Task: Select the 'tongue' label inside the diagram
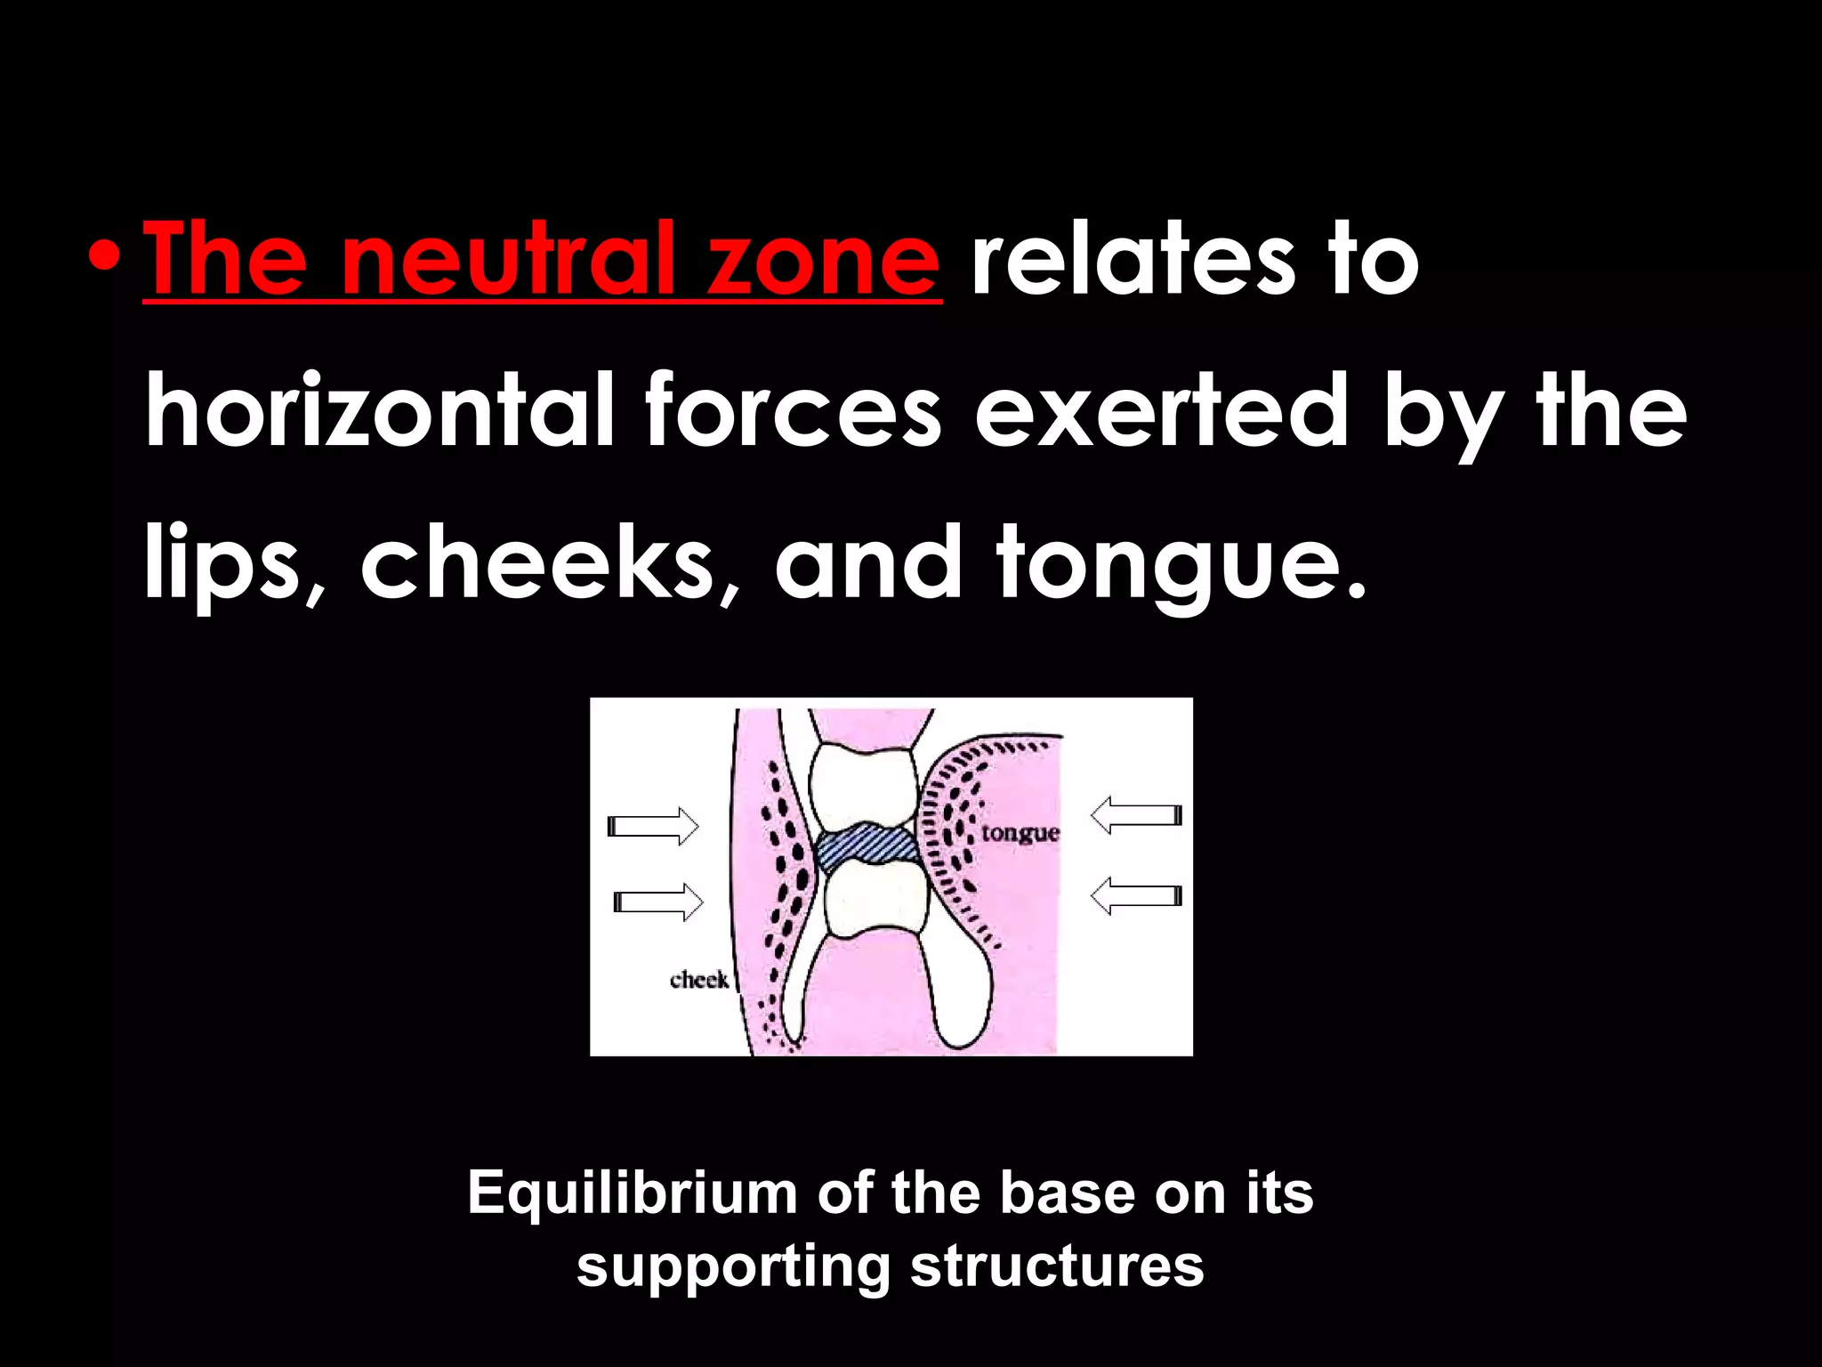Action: coord(1020,834)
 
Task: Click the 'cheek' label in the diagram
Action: coord(699,980)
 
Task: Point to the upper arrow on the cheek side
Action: coord(654,826)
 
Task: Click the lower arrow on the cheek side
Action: coord(658,901)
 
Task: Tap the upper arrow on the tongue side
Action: coord(1136,815)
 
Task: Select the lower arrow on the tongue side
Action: coord(1136,895)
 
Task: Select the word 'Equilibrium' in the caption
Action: coord(633,1194)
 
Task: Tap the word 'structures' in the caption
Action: coord(1057,1267)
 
